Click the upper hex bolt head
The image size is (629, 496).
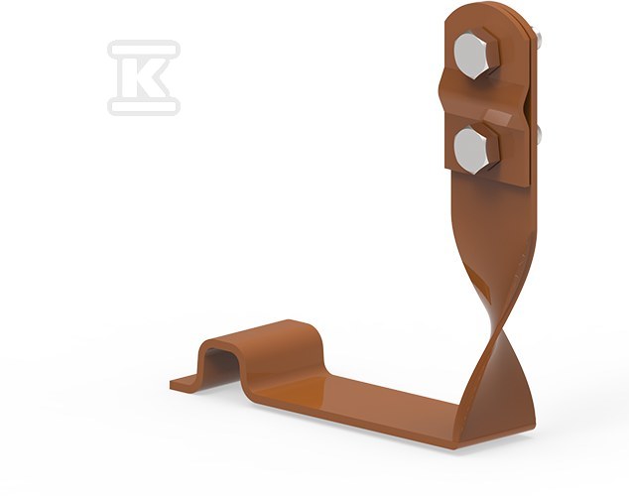[476, 54]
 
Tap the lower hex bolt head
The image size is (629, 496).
[476, 149]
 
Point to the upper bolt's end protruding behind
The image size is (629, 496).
[539, 39]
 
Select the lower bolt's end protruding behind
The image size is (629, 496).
[539, 135]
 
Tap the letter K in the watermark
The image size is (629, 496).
[145, 77]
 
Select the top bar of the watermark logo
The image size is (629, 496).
[144, 49]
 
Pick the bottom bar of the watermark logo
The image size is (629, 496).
[144, 107]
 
